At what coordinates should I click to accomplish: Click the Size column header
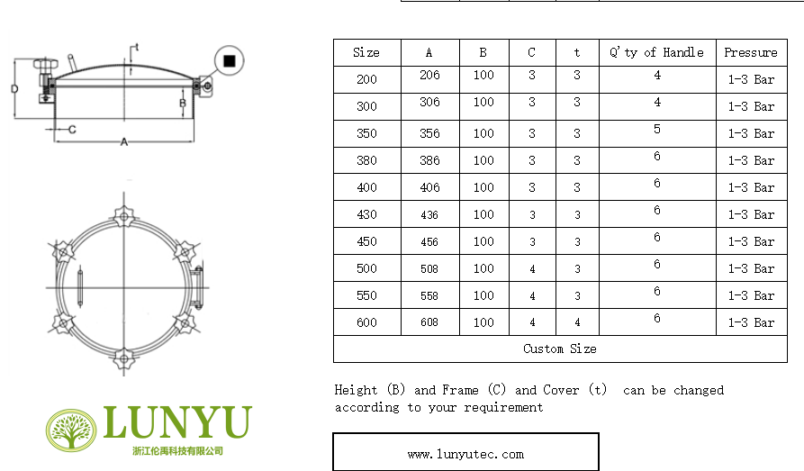(x=366, y=52)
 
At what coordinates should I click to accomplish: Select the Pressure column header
(x=751, y=52)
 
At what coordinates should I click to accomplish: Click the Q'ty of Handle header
(x=656, y=52)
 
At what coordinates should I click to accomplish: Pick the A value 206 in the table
(x=429, y=76)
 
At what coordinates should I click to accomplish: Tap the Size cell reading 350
(x=366, y=133)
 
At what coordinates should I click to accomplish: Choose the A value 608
(x=429, y=322)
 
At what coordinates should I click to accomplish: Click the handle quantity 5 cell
(x=656, y=130)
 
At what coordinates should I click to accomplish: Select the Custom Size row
(x=559, y=349)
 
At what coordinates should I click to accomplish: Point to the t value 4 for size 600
(x=577, y=322)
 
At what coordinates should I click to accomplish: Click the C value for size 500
(x=531, y=268)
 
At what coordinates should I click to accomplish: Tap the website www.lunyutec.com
(x=465, y=454)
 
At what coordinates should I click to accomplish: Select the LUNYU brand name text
(x=177, y=422)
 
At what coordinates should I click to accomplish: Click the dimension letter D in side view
(x=14, y=89)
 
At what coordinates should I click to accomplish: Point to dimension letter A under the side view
(x=124, y=141)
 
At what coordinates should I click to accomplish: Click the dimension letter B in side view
(x=182, y=104)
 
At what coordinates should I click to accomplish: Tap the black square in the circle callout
(x=230, y=60)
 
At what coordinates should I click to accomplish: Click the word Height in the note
(x=356, y=390)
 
